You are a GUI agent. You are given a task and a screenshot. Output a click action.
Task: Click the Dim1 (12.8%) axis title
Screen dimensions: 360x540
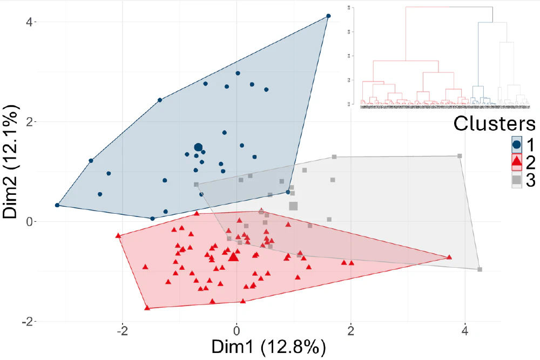[268, 347]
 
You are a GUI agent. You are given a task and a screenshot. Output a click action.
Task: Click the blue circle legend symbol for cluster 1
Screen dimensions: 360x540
[517, 144]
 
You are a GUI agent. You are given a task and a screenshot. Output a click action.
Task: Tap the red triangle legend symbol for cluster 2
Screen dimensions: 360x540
[517, 161]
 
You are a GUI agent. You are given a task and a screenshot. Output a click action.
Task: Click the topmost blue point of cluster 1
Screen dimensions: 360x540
[328, 16]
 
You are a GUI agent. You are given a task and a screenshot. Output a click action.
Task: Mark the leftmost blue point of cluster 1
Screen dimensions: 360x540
[57, 205]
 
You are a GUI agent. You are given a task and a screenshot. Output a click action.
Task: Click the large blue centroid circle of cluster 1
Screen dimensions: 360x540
[198, 147]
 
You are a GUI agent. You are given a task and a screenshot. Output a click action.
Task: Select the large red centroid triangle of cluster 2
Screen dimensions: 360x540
[233, 257]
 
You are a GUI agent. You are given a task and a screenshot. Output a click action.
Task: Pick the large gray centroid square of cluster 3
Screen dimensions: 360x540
[293, 206]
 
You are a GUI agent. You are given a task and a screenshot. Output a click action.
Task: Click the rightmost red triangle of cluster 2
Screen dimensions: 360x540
[449, 257]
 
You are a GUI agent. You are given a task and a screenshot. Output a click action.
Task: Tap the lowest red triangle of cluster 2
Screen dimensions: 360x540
[147, 308]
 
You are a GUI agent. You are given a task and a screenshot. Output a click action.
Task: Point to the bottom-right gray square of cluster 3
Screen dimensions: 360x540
[480, 269]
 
